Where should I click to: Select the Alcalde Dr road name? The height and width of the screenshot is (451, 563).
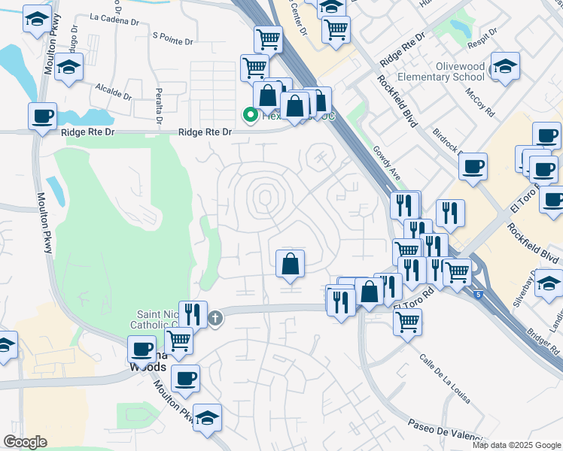[x=113, y=91]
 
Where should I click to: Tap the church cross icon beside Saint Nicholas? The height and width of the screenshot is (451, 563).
[x=216, y=318]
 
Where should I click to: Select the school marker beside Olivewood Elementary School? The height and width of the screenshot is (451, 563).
[x=505, y=68]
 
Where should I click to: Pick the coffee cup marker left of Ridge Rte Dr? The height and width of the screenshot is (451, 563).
[x=42, y=117]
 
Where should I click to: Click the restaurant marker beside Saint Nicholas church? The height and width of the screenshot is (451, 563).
[x=193, y=314]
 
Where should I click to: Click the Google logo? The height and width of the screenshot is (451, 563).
[x=25, y=442]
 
